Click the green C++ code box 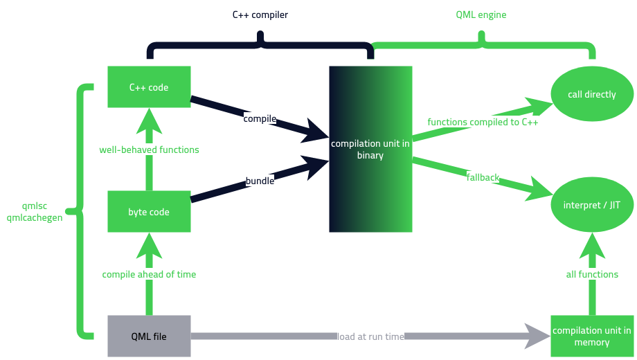pos(149,87)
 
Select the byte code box pos(149,212)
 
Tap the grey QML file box pos(149,336)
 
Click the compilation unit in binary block pos(370,149)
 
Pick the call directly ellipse pos(591,94)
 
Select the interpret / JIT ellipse pos(591,205)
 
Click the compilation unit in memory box pos(591,336)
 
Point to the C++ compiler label pos(260,14)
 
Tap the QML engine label pos(482,14)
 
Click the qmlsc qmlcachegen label pos(34,211)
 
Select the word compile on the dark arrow pos(260,118)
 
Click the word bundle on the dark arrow pos(260,181)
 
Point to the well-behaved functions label pos(149,150)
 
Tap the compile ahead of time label pos(149,274)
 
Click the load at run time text pos(370,336)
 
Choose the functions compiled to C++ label pos(483,122)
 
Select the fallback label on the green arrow pos(483,177)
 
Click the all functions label pos(591,274)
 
